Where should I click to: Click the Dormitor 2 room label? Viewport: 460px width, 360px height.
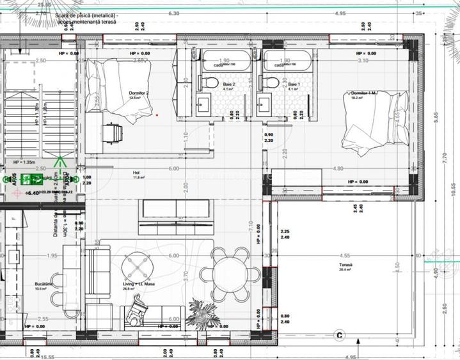(138, 93)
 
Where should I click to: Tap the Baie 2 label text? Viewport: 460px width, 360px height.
(229, 84)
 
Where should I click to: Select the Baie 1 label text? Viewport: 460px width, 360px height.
(293, 84)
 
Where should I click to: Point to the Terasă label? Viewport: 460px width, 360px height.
(346, 265)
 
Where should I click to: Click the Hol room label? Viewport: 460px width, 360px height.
(136, 173)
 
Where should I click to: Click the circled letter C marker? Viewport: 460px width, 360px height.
(339, 334)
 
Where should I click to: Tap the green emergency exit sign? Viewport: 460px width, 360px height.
(31, 179)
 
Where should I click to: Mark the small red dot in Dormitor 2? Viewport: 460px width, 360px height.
(157, 115)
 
